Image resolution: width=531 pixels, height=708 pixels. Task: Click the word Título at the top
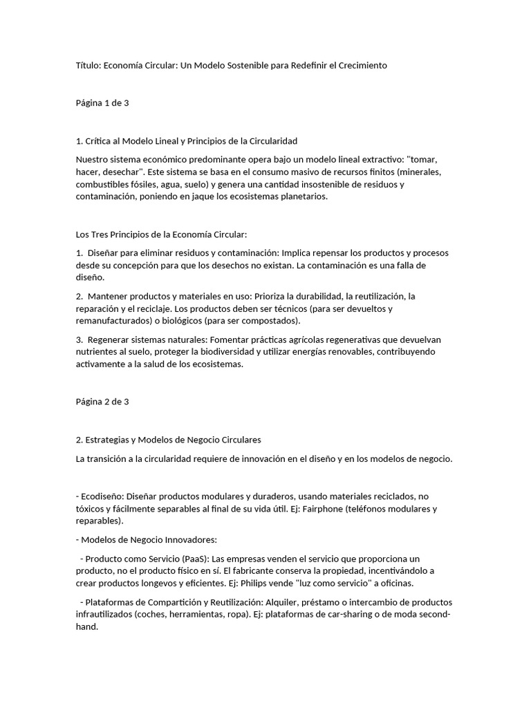[88, 65]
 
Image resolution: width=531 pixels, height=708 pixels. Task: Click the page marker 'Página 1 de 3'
[102, 103]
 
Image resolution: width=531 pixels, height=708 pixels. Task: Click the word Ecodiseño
[102, 496]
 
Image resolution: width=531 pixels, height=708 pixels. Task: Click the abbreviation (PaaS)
[194, 558]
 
